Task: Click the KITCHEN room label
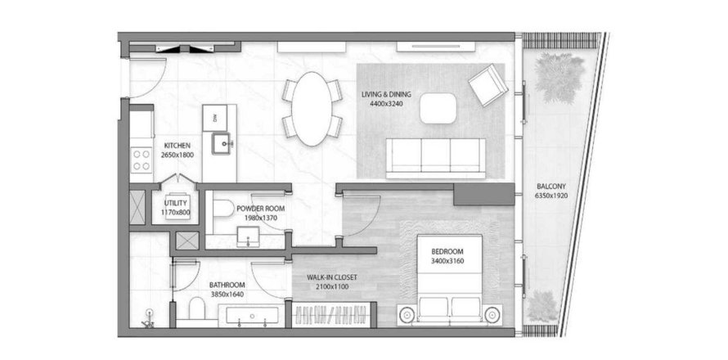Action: pos(177,146)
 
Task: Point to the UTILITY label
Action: pos(176,203)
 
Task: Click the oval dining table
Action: pos(312,109)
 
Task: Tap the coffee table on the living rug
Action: pos(438,108)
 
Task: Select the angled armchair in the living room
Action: pos(487,85)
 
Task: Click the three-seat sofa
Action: pos(435,158)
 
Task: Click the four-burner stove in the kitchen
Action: pos(142,160)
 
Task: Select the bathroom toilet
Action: pos(197,309)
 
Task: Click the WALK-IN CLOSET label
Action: pos(331,277)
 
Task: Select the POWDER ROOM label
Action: pos(260,209)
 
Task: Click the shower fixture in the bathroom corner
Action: pos(149,317)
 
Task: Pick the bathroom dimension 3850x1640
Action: pos(227,294)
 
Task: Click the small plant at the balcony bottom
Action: pos(542,306)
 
